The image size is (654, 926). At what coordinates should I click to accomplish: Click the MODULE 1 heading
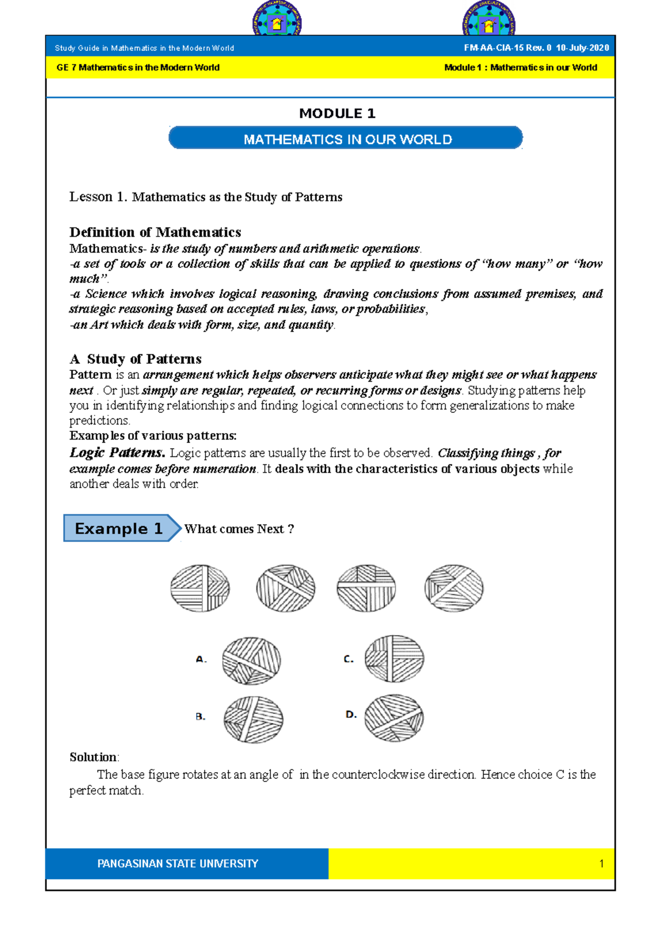(x=337, y=113)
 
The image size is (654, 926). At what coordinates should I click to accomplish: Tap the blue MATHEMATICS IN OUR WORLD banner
(x=346, y=139)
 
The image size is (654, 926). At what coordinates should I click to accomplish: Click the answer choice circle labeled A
(x=251, y=661)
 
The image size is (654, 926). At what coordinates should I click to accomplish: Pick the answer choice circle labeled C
(x=394, y=659)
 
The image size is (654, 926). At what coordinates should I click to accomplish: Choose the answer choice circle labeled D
(x=393, y=718)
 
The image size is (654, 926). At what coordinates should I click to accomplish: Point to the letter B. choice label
(x=201, y=717)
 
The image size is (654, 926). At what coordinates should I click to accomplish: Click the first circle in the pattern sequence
(x=200, y=588)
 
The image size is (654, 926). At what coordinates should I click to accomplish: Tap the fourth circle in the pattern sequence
(x=453, y=588)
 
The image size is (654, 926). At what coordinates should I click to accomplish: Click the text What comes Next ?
(x=239, y=529)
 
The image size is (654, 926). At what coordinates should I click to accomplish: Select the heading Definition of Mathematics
(x=155, y=232)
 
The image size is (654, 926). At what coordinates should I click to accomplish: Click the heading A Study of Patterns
(x=136, y=359)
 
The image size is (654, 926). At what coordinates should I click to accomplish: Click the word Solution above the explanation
(x=93, y=757)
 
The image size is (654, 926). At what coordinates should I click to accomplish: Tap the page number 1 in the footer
(x=601, y=863)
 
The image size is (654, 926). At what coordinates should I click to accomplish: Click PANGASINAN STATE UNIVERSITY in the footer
(x=178, y=863)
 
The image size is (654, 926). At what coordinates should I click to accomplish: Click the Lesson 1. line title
(x=205, y=197)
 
